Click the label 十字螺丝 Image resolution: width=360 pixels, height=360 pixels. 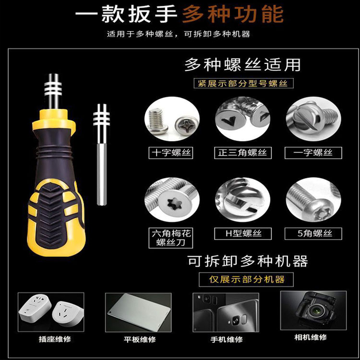click(x=171, y=153)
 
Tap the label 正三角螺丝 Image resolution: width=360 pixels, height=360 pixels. click(x=243, y=153)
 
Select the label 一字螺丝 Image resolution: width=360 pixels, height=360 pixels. click(x=313, y=153)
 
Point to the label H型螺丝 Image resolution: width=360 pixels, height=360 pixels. click(x=243, y=233)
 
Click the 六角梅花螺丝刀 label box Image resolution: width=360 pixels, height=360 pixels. click(x=171, y=238)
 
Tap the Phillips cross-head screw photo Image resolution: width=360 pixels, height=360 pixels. click(x=172, y=119)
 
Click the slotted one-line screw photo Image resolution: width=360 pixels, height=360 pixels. click(x=313, y=119)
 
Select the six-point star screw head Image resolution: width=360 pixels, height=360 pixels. click(x=175, y=203)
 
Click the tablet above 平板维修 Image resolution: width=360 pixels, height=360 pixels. click(x=138, y=312)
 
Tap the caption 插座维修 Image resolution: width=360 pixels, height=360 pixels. click(x=55, y=339)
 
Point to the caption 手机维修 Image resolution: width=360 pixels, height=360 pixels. click(x=227, y=339)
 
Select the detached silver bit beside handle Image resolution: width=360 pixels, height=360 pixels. click(x=101, y=155)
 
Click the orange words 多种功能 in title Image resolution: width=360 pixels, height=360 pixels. click(x=233, y=14)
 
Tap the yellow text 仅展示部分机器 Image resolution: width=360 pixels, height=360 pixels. click(x=247, y=279)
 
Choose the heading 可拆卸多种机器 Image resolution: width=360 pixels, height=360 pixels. click(x=248, y=261)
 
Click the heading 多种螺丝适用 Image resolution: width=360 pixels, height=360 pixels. click(x=243, y=64)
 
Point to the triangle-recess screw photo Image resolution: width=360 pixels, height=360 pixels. click(x=243, y=119)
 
